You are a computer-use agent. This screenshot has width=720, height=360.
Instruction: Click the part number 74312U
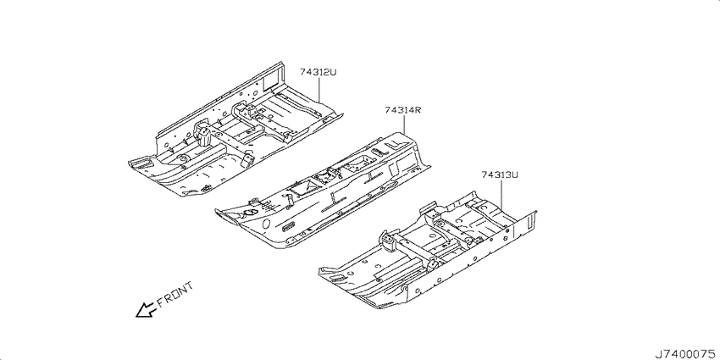[x=318, y=72]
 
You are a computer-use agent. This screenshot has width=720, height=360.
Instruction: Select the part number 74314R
[x=403, y=110]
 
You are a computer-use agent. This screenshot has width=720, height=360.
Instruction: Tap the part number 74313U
[x=500, y=175]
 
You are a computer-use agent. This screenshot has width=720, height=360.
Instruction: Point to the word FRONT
[x=175, y=294]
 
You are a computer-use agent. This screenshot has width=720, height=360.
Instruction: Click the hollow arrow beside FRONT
[x=146, y=309]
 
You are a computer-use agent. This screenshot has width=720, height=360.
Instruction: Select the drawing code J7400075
[x=686, y=354]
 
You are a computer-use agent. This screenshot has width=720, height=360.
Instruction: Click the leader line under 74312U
[x=318, y=89]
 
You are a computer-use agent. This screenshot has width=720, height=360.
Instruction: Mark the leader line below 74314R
[x=403, y=125]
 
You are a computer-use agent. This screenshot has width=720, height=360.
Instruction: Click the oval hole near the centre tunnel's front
[x=266, y=224]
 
